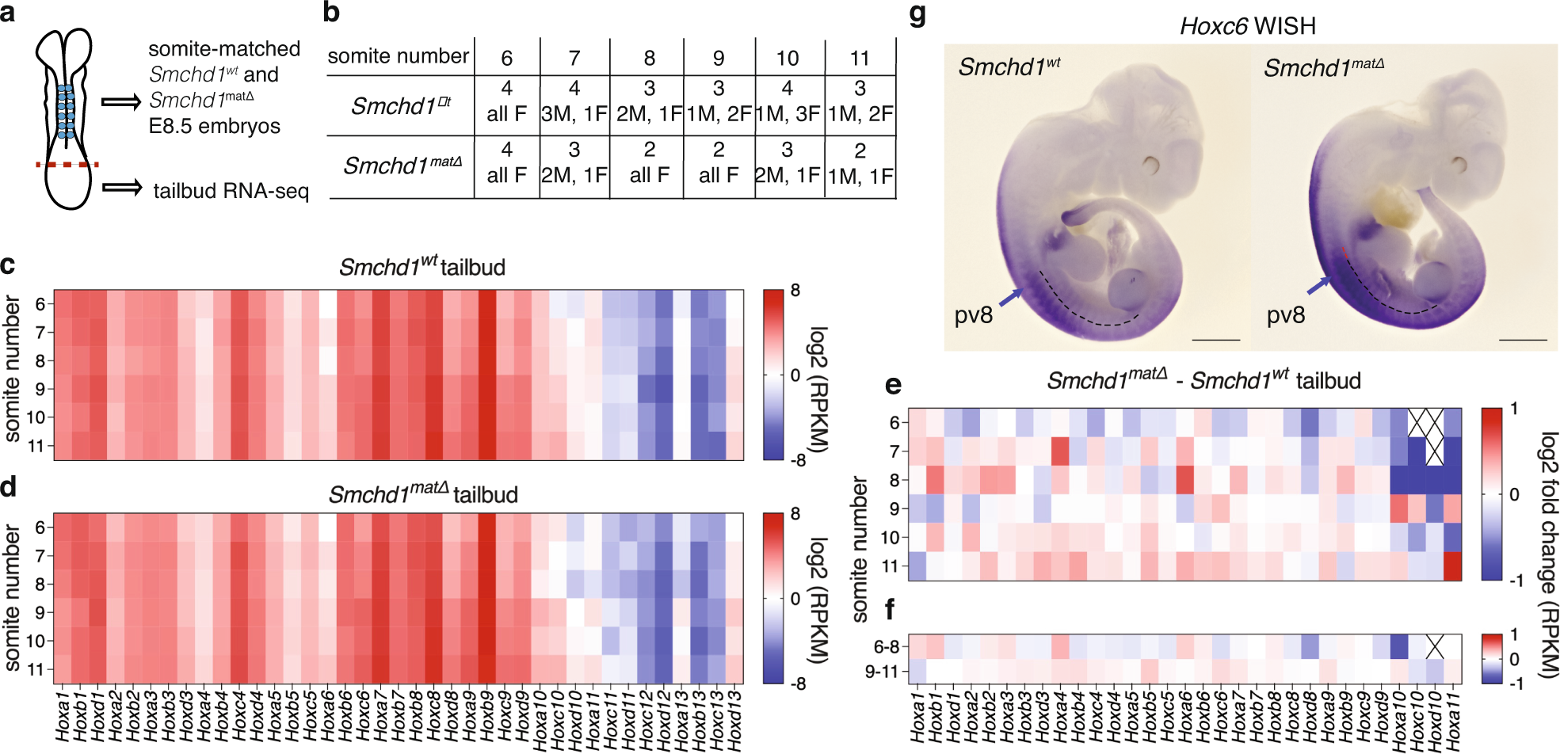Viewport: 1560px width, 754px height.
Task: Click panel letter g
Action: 917,14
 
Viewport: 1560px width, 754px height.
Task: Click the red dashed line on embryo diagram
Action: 67,165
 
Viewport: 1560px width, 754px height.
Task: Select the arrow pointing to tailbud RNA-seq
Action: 121,188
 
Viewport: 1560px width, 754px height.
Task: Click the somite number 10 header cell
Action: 787,58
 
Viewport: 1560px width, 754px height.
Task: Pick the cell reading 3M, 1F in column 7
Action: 574,114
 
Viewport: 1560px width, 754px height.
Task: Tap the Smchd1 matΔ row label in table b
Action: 402,165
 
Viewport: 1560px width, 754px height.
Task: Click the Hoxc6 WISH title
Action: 1248,26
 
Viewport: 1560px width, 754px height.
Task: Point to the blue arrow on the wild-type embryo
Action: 1010,298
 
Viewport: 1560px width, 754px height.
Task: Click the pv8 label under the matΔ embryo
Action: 1285,315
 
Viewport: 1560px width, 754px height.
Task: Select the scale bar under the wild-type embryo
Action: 1215,340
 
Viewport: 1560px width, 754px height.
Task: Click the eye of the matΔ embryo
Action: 1457,166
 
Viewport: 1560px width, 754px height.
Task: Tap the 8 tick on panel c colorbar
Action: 795,291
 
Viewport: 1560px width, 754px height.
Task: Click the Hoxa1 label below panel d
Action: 63,717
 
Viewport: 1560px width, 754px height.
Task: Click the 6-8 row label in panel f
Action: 886,647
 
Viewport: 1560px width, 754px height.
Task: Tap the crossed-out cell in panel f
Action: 1434,646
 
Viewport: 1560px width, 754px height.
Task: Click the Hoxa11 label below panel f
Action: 1452,717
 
